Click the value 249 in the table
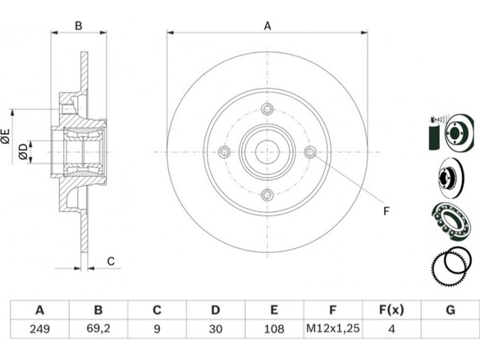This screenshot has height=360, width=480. tap(40, 329)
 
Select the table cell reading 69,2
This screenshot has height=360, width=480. tap(98, 329)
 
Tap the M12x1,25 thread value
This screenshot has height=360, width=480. tap(333, 329)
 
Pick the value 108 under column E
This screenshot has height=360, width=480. tap(274, 329)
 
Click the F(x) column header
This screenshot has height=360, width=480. tap(392, 310)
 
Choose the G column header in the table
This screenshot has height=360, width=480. tap(451, 310)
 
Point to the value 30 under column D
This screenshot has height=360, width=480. tap(215, 329)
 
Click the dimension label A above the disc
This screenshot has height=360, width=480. tap(268, 26)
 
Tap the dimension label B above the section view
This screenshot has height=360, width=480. tap(79, 26)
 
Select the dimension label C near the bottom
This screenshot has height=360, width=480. tap(111, 261)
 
